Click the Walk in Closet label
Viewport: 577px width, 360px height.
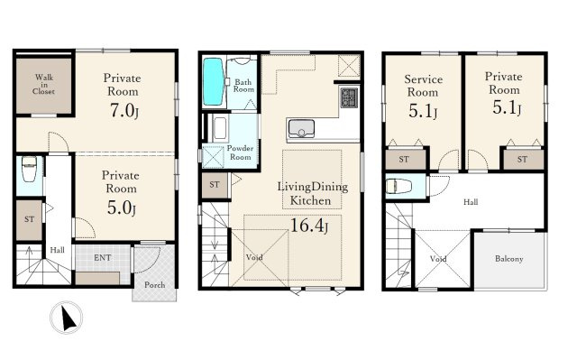pos(44,84)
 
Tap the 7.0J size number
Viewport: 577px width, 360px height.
pos(124,110)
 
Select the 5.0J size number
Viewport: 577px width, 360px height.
pos(122,208)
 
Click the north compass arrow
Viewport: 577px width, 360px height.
pos(69,318)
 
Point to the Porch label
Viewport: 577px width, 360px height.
pos(154,284)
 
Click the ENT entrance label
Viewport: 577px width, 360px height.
pos(102,258)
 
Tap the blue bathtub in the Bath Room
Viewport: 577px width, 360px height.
pos(213,82)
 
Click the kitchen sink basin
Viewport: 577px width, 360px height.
pos(301,128)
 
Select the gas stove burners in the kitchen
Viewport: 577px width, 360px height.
pos(349,97)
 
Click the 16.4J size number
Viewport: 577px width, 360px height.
pos(309,226)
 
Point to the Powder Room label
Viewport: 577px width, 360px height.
pos(240,152)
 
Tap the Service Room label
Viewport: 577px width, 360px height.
pos(423,86)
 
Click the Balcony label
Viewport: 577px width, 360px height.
pos(508,259)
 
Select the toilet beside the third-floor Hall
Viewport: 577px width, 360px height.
pos(398,186)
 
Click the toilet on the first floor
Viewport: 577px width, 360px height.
pos(29,169)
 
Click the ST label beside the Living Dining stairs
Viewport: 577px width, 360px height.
pos(215,184)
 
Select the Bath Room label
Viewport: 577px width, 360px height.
pos(243,86)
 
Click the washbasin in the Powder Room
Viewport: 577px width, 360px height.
pos(220,128)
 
